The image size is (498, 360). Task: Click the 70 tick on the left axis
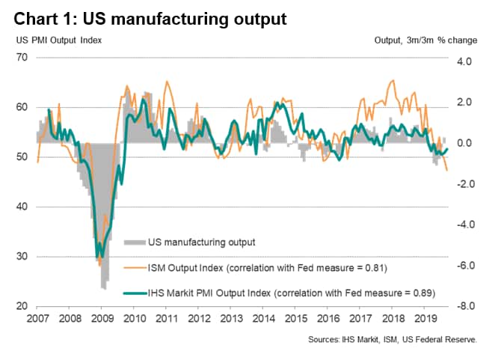(24, 58)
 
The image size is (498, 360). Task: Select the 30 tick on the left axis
(24, 257)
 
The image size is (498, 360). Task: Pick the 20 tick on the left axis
(24, 307)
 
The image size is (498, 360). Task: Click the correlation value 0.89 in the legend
(422, 292)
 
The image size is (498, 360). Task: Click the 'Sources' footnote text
(403, 339)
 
